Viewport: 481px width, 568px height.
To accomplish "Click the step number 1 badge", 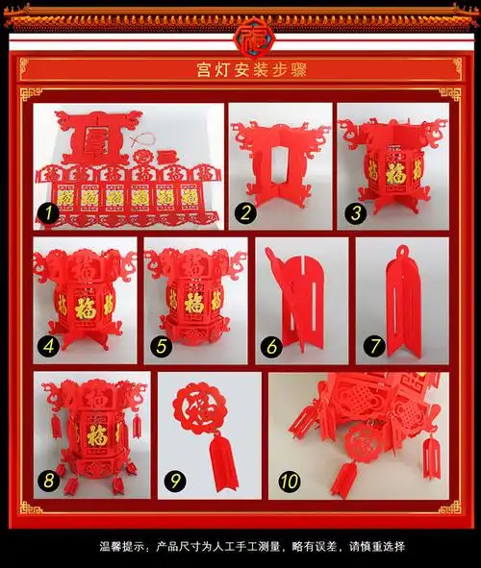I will [x=45, y=211].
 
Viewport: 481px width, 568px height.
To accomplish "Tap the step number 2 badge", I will [x=246, y=211].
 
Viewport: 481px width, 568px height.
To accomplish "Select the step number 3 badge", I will [x=356, y=211].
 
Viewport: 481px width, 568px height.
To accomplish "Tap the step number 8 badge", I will [x=47, y=479].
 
